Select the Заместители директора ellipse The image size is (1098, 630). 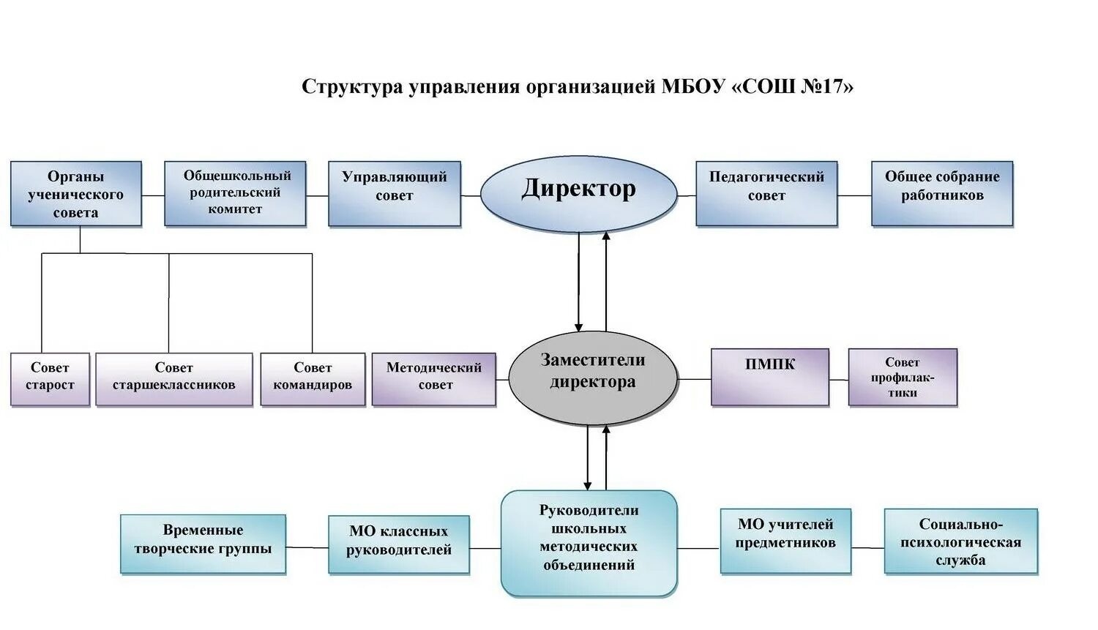(592, 378)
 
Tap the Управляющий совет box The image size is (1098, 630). (395, 194)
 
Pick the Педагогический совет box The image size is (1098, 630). (766, 194)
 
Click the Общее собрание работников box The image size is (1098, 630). (942, 194)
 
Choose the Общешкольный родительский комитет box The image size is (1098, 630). (235, 194)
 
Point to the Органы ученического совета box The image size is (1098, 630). (76, 194)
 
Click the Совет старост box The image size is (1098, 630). (50, 379)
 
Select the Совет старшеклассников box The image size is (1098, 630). (174, 379)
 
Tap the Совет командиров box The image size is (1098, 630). (313, 379)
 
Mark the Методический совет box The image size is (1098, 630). (434, 379)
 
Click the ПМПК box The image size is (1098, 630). (770, 377)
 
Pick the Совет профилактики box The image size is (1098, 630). (903, 377)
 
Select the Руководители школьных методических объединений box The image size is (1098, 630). (589, 542)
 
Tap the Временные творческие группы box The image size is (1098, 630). (203, 544)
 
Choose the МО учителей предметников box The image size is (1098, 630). (785, 541)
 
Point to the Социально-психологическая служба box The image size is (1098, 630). (961, 541)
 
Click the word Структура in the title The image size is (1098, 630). (352, 87)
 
